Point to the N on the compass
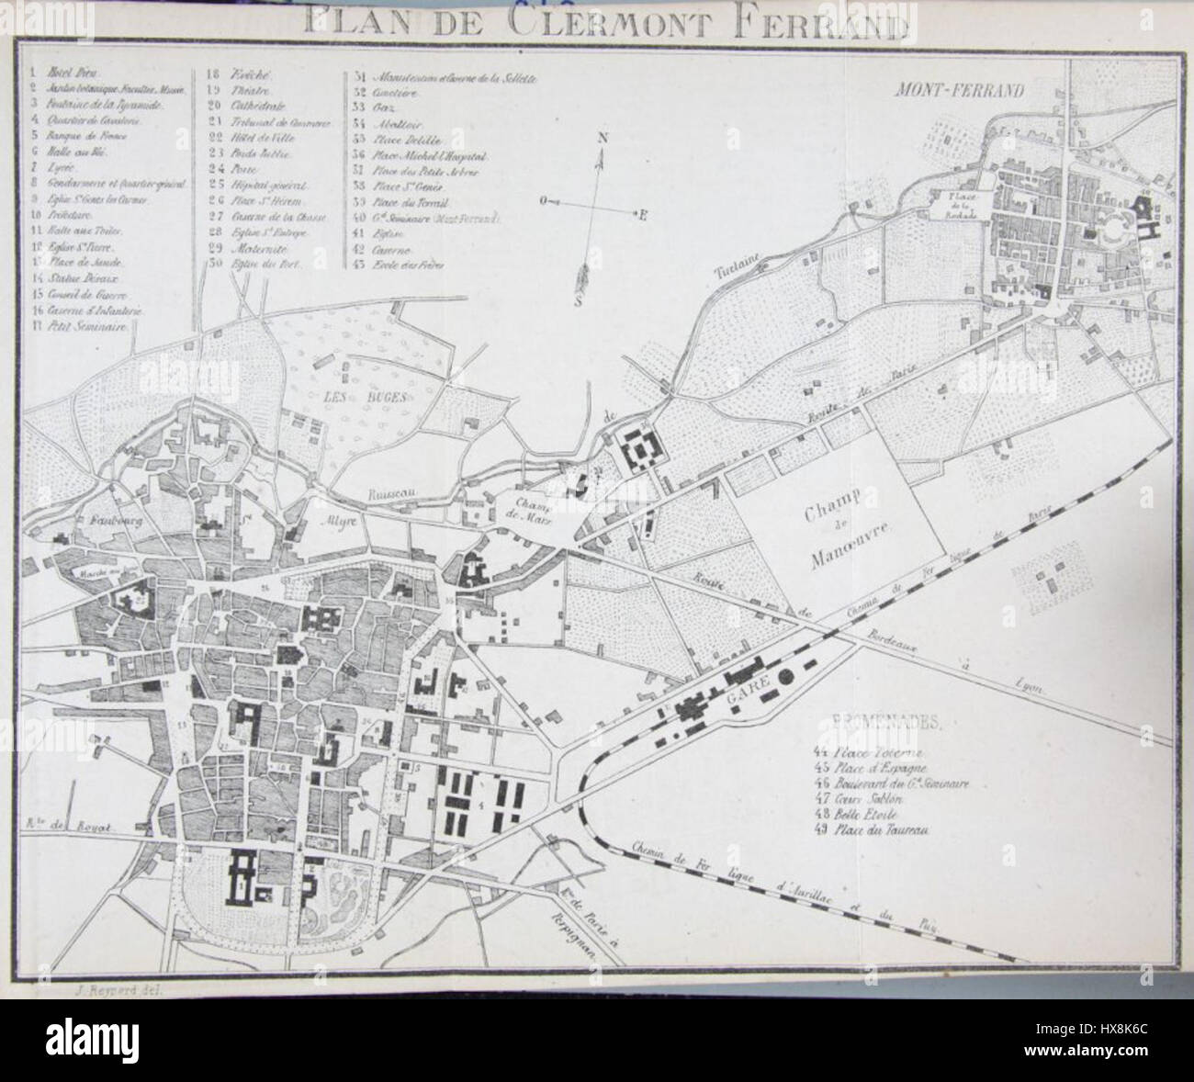603,138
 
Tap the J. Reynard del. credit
100,989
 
